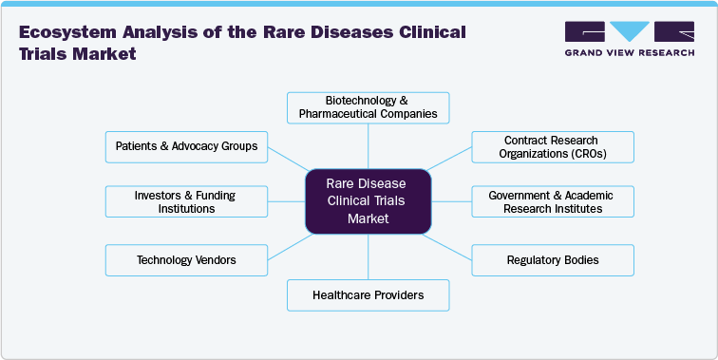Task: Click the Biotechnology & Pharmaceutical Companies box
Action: [x=368, y=107]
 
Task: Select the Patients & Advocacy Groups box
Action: [x=186, y=146]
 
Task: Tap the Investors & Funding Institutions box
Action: [x=186, y=201]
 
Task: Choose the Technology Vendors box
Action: [x=186, y=259]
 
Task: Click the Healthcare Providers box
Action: [x=368, y=295]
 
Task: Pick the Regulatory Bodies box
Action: [x=552, y=259]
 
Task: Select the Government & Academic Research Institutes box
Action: [x=552, y=201]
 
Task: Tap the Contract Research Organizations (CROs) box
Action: [x=552, y=146]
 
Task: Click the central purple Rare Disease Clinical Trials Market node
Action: [x=368, y=201]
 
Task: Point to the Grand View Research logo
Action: [x=628, y=34]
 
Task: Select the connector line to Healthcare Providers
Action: [x=368, y=256]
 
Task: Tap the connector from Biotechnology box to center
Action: [x=368, y=145]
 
